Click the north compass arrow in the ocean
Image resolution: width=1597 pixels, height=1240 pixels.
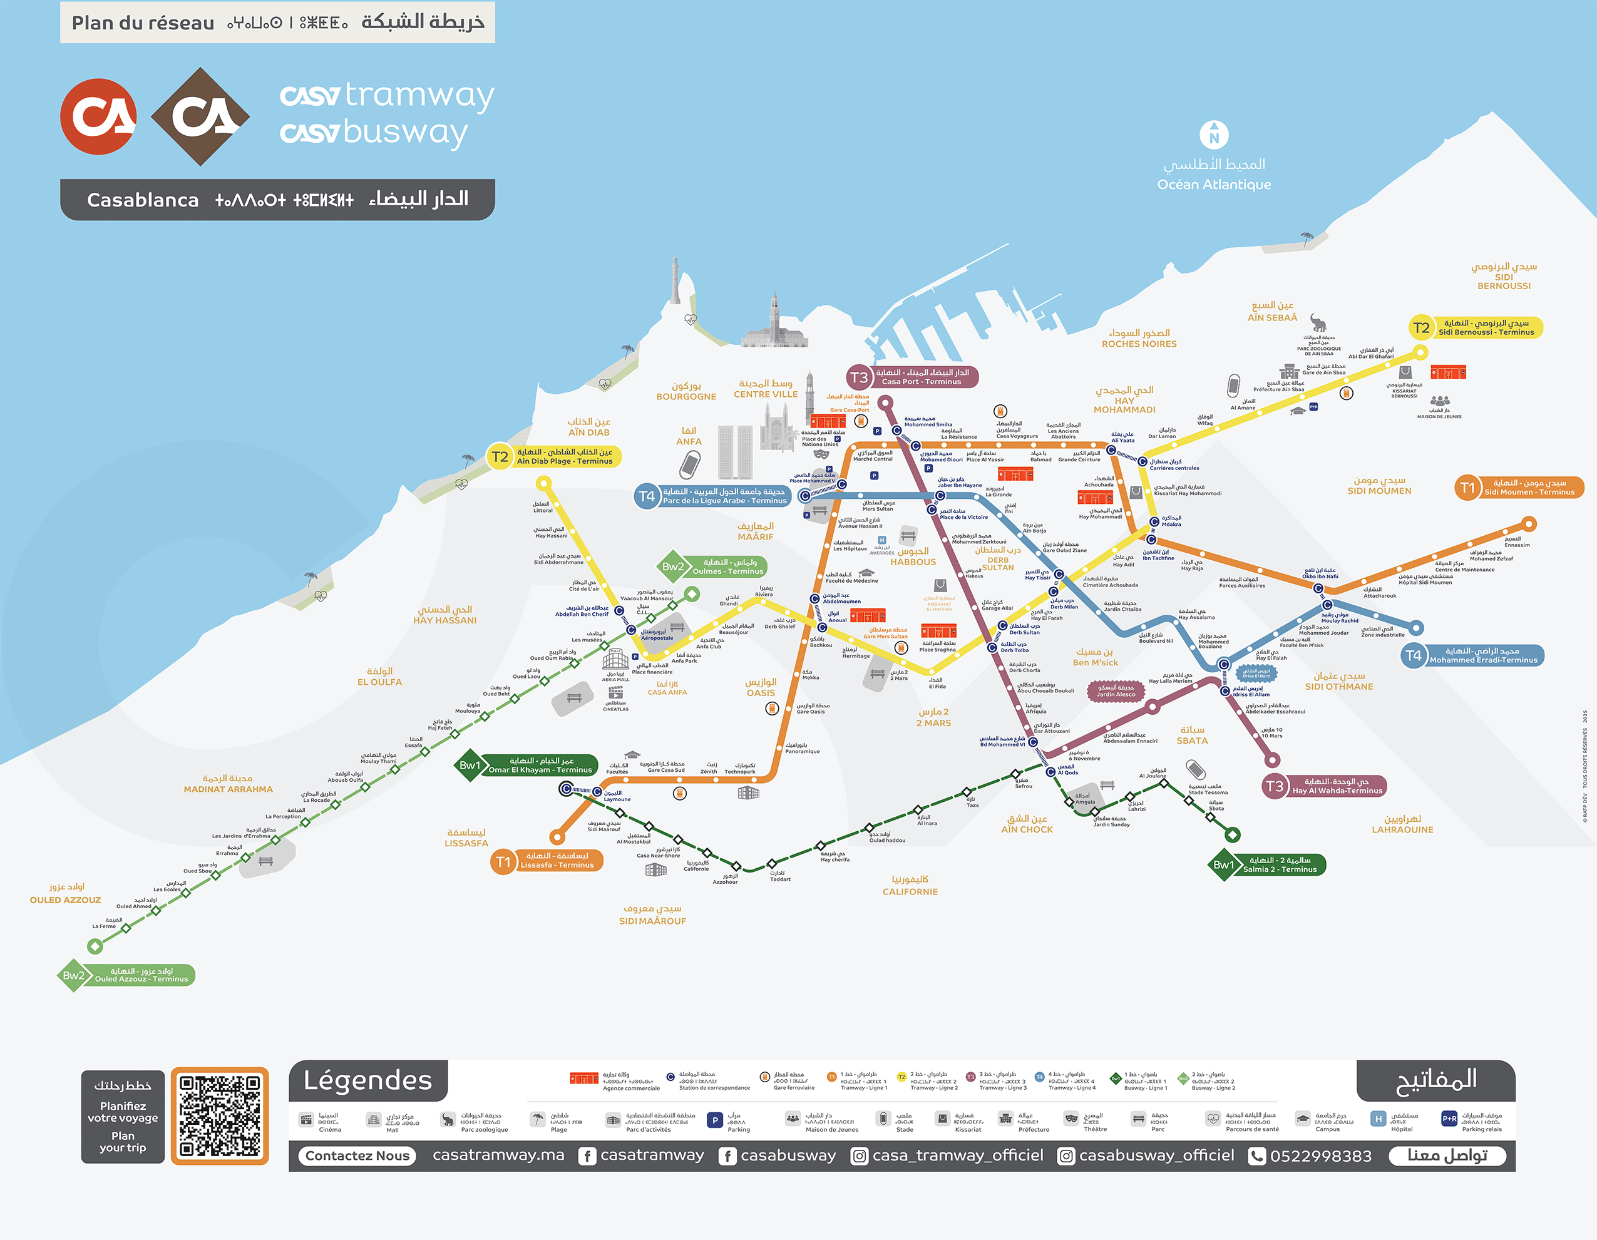tap(1214, 135)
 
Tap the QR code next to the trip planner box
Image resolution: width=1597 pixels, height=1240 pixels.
tap(219, 1115)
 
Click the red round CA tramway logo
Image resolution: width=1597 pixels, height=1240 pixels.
tap(98, 116)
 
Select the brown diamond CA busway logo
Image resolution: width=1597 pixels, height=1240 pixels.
tap(200, 116)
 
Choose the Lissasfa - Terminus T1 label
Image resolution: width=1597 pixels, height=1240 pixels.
tap(557, 861)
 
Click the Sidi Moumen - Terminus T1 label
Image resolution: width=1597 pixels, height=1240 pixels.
tap(1529, 488)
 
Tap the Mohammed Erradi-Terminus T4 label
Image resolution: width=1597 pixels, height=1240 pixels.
tap(1483, 656)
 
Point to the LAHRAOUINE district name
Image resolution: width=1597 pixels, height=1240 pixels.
tap(1402, 830)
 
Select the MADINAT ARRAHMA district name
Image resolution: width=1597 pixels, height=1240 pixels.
tap(228, 789)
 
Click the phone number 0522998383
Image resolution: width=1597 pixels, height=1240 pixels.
tap(1320, 1156)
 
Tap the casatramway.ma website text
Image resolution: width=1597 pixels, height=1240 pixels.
tap(499, 1155)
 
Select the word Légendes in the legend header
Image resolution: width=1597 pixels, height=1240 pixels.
tap(368, 1080)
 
